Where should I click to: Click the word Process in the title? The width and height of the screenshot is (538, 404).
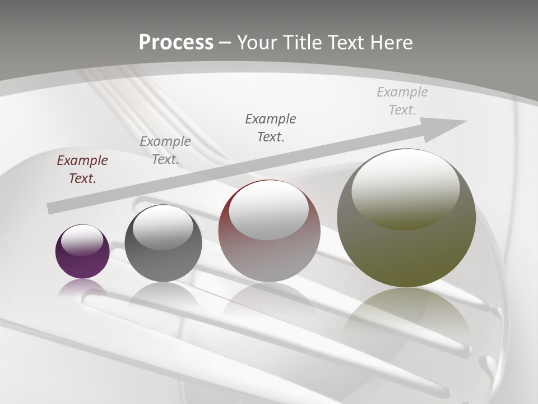click(x=176, y=43)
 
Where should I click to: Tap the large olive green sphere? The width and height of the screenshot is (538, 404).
click(x=406, y=252)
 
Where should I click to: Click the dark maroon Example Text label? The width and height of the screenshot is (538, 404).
click(x=82, y=169)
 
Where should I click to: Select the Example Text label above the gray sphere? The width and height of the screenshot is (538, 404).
click(x=165, y=150)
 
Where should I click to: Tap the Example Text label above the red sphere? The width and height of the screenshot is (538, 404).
click(x=271, y=128)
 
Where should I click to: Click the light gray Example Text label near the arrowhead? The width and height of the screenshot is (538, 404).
click(x=402, y=101)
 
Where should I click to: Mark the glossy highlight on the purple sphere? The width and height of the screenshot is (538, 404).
click(x=82, y=240)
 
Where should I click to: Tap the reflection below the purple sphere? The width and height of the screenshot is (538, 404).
click(x=82, y=287)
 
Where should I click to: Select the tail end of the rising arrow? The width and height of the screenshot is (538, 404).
click(x=53, y=208)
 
